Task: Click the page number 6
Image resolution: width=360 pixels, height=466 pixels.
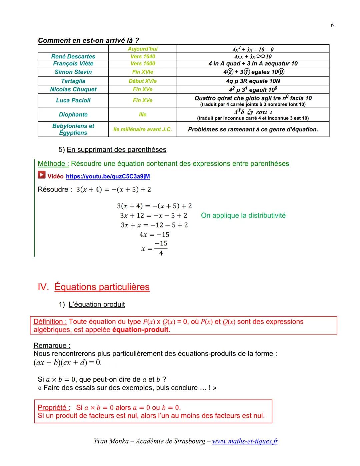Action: pyautogui.click(x=332, y=25)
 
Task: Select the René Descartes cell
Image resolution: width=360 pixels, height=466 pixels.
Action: pyautogui.click(x=73, y=56)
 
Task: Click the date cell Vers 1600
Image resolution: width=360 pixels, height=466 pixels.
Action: pyautogui.click(x=143, y=63)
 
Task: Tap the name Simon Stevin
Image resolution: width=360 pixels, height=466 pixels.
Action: pyautogui.click(x=73, y=72)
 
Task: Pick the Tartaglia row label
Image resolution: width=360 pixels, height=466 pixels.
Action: pyautogui.click(x=73, y=81)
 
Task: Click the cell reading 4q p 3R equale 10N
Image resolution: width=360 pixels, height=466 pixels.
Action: pyautogui.click(x=253, y=81)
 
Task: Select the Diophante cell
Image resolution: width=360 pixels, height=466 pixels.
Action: pyautogui.click(x=73, y=114)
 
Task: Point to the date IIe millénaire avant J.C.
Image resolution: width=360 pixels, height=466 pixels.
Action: pyautogui.click(x=143, y=129)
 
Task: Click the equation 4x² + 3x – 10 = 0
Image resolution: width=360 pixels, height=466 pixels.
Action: pyautogui.click(x=253, y=49)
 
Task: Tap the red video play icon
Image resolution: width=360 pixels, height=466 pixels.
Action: pyautogui.click(x=41, y=175)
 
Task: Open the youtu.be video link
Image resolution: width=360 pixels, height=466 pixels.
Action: pyautogui.click(x=108, y=176)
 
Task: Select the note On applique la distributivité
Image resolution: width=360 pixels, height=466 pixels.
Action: pyautogui.click(x=243, y=215)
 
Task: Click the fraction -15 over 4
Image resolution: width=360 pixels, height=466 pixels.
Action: pyautogui.click(x=161, y=249)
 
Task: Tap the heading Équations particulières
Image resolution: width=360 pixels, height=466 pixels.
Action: pyautogui.click(x=102, y=287)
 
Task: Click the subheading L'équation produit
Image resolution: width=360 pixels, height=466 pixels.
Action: pyautogui.click(x=96, y=304)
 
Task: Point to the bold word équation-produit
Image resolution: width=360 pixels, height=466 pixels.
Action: pyautogui.click(x=140, y=330)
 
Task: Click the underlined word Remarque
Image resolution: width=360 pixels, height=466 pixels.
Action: pyautogui.click(x=52, y=346)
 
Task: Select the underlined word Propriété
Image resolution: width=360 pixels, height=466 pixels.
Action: pyautogui.click(x=54, y=407)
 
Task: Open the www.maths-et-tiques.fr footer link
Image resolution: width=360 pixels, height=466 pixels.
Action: pyautogui.click(x=245, y=441)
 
